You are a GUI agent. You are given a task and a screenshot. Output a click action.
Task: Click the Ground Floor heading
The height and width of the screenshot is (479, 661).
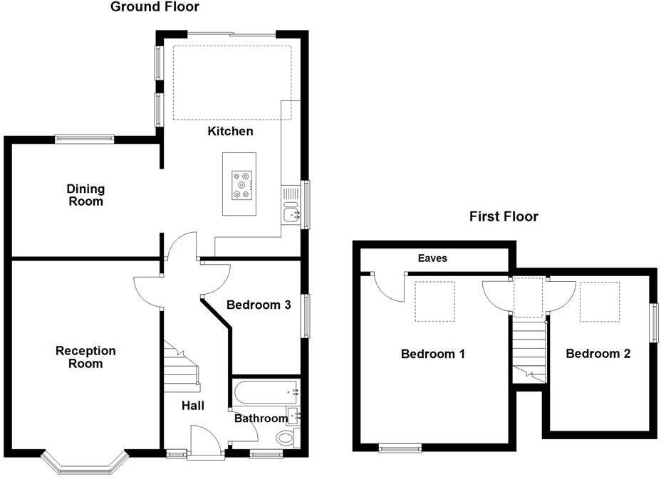(x=155, y=7)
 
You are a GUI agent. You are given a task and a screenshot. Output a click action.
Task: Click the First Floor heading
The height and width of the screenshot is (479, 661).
(x=504, y=216)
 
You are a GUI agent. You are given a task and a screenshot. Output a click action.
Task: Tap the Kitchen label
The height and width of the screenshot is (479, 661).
(x=230, y=132)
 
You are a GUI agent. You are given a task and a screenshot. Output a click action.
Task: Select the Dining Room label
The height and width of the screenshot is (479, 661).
(x=85, y=195)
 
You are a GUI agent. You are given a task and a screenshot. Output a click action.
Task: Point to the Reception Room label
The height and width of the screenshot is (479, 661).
(x=85, y=357)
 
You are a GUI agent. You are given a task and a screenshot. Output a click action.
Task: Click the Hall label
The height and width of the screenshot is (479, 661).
(x=192, y=406)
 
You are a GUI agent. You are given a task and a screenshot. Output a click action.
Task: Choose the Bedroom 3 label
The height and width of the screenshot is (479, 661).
(x=258, y=305)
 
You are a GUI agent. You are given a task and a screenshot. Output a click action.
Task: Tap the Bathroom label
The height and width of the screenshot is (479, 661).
(x=261, y=419)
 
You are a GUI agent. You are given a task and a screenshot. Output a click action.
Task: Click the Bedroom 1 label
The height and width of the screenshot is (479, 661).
(x=432, y=354)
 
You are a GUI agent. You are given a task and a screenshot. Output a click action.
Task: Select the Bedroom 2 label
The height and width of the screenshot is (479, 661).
(x=598, y=354)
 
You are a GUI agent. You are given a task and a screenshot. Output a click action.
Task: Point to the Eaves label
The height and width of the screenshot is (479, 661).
(x=432, y=258)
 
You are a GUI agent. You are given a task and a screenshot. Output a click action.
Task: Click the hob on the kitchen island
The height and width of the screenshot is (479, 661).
(x=241, y=184)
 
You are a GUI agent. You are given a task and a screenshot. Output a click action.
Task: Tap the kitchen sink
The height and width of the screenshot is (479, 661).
(x=291, y=212)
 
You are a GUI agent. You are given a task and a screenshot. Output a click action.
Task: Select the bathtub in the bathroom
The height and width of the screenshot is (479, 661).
(x=264, y=390)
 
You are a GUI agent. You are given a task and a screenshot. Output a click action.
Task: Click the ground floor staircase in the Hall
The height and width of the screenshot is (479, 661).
(x=182, y=364)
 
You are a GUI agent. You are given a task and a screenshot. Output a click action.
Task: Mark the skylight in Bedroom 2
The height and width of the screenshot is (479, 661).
(x=599, y=301)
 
